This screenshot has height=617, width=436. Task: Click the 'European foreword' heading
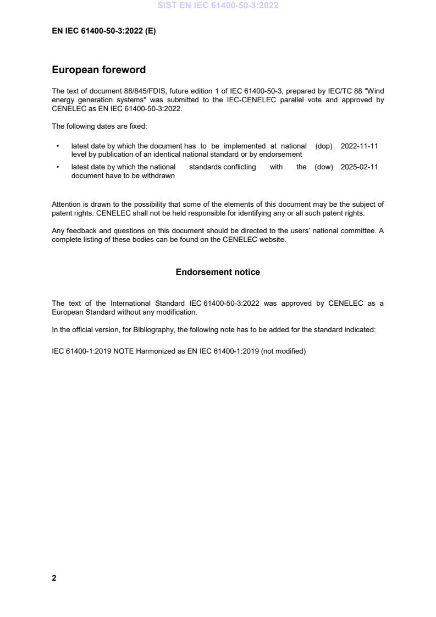click(x=98, y=70)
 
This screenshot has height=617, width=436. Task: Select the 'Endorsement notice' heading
click(x=218, y=272)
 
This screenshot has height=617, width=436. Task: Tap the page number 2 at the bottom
click(x=54, y=578)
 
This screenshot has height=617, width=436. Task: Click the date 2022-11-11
click(x=359, y=146)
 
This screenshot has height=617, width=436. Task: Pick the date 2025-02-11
click(x=359, y=167)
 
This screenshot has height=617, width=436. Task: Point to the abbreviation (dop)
click(x=324, y=146)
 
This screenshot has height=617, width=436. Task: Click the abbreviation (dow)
click(x=324, y=167)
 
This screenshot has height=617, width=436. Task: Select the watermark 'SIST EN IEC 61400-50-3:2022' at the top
click(x=218, y=5)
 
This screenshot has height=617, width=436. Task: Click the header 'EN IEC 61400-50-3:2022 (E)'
click(x=103, y=31)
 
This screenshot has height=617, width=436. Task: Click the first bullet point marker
click(x=58, y=146)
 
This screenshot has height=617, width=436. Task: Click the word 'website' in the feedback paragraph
click(x=274, y=240)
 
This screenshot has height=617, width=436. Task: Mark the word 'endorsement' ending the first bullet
click(x=280, y=155)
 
